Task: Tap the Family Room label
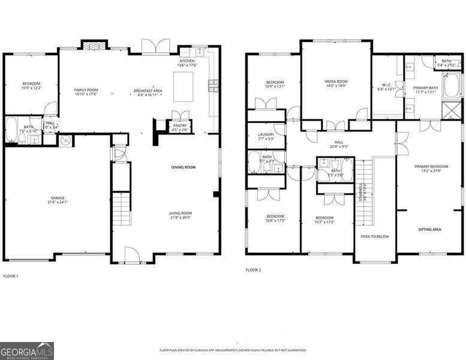click(86, 90)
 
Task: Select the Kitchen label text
click(187, 61)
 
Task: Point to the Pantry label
click(179, 125)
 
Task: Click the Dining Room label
click(184, 167)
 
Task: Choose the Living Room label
click(180, 212)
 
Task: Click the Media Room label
click(336, 81)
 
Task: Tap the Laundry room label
click(266, 134)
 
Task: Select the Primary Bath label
click(425, 88)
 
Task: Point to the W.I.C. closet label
click(386, 85)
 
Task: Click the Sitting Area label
click(430, 229)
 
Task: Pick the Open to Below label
click(374, 236)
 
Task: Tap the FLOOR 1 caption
click(11, 276)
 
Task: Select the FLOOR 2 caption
click(253, 270)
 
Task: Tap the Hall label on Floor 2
click(339, 142)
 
